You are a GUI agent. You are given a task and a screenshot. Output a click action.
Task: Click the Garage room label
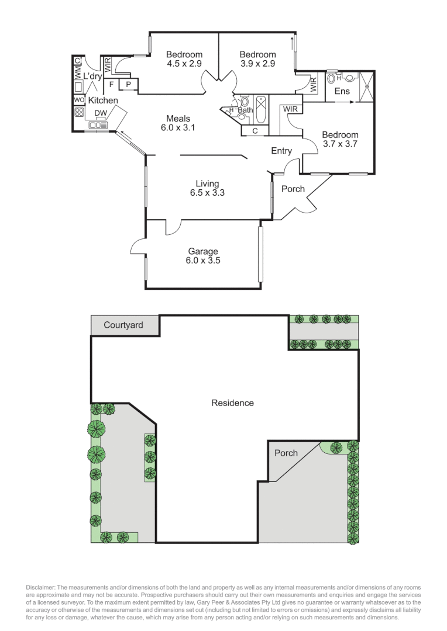(202, 252)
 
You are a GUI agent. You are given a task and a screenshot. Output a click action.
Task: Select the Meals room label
(178, 119)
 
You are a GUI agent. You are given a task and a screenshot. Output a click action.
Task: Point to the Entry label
(281, 151)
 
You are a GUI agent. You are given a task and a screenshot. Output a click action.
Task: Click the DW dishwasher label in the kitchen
(100, 113)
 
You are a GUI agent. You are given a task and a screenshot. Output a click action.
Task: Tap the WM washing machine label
(77, 72)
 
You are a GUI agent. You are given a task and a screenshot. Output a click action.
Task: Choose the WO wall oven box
(79, 100)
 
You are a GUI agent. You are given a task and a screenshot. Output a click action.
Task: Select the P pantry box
(128, 85)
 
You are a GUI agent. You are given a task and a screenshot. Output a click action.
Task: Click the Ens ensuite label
(342, 91)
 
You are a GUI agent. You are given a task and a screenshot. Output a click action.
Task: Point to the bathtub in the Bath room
(261, 110)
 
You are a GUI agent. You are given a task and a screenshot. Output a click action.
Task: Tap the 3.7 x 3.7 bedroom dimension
(340, 143)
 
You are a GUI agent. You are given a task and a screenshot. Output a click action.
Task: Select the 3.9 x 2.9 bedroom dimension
(257, 64)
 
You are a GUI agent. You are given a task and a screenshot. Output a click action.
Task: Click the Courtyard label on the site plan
(123, 325)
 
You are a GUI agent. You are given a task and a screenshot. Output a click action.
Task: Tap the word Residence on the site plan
(232, 403)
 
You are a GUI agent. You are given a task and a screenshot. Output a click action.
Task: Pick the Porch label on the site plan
(286, 453)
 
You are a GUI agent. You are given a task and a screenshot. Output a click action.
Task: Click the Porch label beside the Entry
(293, 189)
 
